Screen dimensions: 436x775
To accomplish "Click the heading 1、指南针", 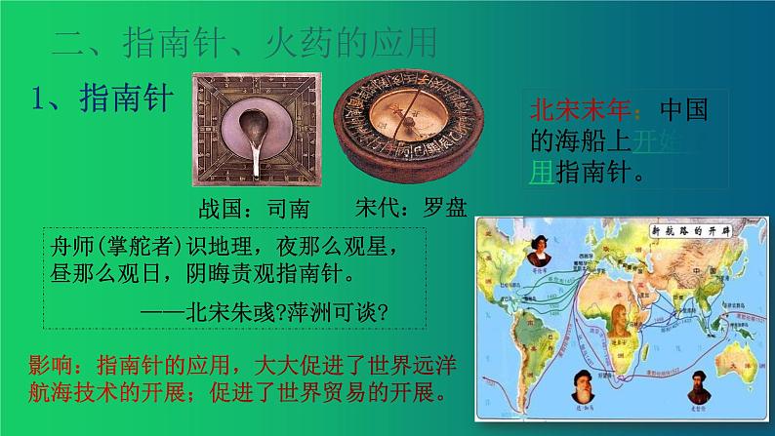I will tap(102, 99).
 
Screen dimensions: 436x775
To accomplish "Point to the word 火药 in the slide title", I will tap(297, 43).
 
